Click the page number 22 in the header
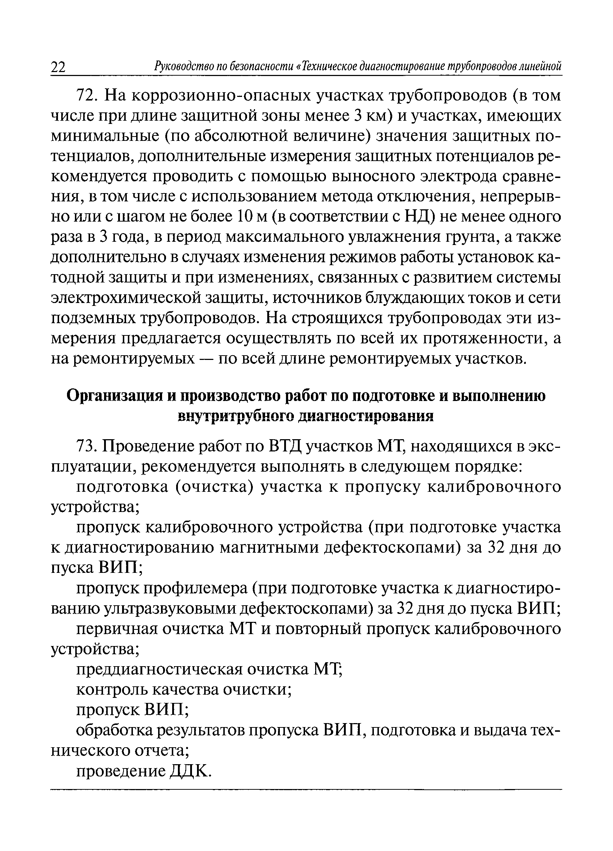[x=58, y=67]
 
